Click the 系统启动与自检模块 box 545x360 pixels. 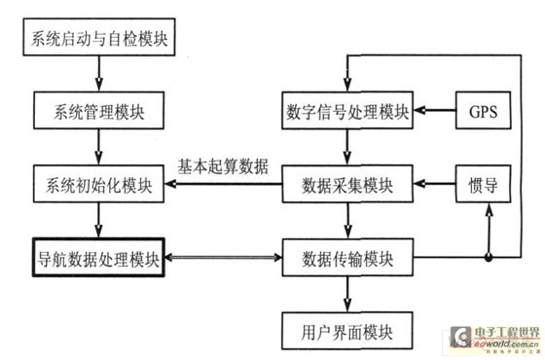coord(98,42)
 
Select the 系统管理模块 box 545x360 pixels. coord(98,109)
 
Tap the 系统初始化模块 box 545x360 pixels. coord(98,183)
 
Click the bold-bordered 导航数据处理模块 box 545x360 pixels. coord(98,258)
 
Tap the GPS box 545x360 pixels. coord(484,109)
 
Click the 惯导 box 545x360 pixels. coord(484,183)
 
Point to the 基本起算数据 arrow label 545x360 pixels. coord(223,163)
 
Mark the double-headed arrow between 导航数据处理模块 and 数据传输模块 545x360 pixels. coord(223,259)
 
